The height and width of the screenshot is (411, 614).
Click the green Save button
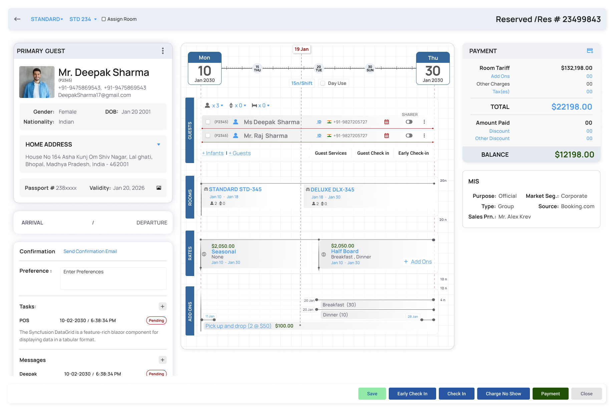point(372,394)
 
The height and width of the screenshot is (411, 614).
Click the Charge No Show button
point(503,394)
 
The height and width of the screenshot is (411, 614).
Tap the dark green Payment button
point(550,394)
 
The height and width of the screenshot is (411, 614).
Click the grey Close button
point(586,394)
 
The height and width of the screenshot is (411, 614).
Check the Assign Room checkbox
point(104,19)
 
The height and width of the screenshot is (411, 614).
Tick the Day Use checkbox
point(323,83)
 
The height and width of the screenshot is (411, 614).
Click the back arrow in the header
point(17,19)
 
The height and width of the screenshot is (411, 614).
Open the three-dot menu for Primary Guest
point(163,51)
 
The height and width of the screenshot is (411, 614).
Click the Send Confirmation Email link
point(90,251)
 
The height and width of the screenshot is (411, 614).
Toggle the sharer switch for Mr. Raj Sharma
point(409,136)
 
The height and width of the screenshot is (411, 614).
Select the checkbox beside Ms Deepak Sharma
point(208,122)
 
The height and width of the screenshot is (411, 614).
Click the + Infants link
point(213,153)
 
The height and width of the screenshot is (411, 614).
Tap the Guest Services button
point(331,153)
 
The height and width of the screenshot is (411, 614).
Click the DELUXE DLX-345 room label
point(332,189)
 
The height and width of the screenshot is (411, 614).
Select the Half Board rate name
point(345,251)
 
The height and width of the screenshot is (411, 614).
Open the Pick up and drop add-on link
point(238,326)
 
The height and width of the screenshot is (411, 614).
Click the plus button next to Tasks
point(163,306)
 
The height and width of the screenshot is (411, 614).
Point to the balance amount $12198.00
point(574,154)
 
